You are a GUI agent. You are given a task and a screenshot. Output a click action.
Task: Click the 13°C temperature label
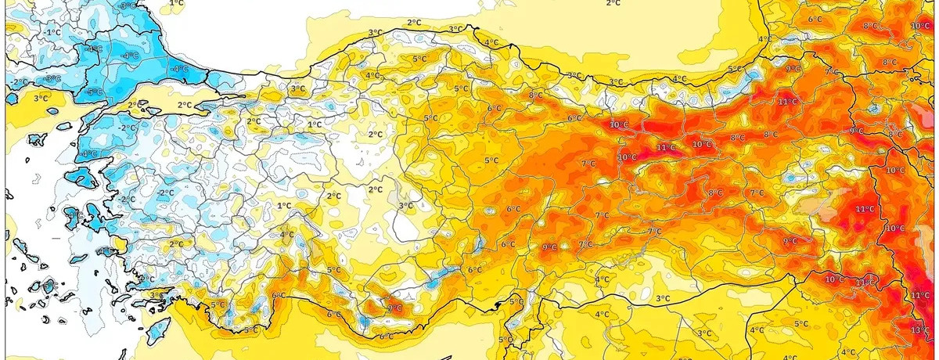tap(920, 330)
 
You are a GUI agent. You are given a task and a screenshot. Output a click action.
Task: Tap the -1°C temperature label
tap(53, 32)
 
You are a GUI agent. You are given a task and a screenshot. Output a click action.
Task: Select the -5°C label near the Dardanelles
tap(95, 92)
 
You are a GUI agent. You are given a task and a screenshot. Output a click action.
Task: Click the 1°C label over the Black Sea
tap(177, 4)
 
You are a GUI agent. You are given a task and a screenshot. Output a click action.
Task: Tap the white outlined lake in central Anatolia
tap(408, 227)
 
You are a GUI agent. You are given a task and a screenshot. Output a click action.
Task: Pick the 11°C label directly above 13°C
tap(920, 295)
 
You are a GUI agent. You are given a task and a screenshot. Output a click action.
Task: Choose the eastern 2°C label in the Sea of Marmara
tap(185, 105)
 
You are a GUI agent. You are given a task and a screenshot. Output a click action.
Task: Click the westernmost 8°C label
tap(535, 95)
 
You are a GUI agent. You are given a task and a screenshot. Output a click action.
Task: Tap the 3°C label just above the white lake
tap(406, 206)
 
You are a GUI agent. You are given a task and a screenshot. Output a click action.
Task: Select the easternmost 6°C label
tap(814, 20)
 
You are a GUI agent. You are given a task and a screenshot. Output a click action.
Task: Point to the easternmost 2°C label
tap(613, 4)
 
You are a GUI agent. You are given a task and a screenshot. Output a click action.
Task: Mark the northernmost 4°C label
tap(491, 42)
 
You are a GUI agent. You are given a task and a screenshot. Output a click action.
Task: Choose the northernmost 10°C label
tap(920, 26)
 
